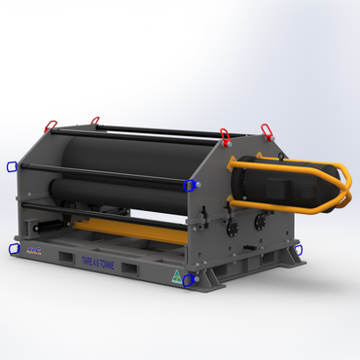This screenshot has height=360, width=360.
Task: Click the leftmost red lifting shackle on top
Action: point(50,125)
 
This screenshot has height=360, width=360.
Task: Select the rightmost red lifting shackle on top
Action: point(266,129)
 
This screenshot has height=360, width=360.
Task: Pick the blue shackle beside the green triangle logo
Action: point(190,281)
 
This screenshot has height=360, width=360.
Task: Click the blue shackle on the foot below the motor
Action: point(297,250)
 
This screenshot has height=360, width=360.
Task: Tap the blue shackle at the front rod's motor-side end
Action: point(191,184)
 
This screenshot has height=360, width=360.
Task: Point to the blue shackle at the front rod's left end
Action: point(11,167)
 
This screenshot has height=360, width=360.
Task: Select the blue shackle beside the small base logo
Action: point(14,249)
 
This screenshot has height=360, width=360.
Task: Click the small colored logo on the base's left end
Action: point(33,251)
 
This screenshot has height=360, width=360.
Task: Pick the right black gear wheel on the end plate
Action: point(260,222)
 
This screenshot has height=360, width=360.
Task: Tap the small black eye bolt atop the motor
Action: point(263,156)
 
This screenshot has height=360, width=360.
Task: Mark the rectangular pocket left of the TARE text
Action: point(67,258)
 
